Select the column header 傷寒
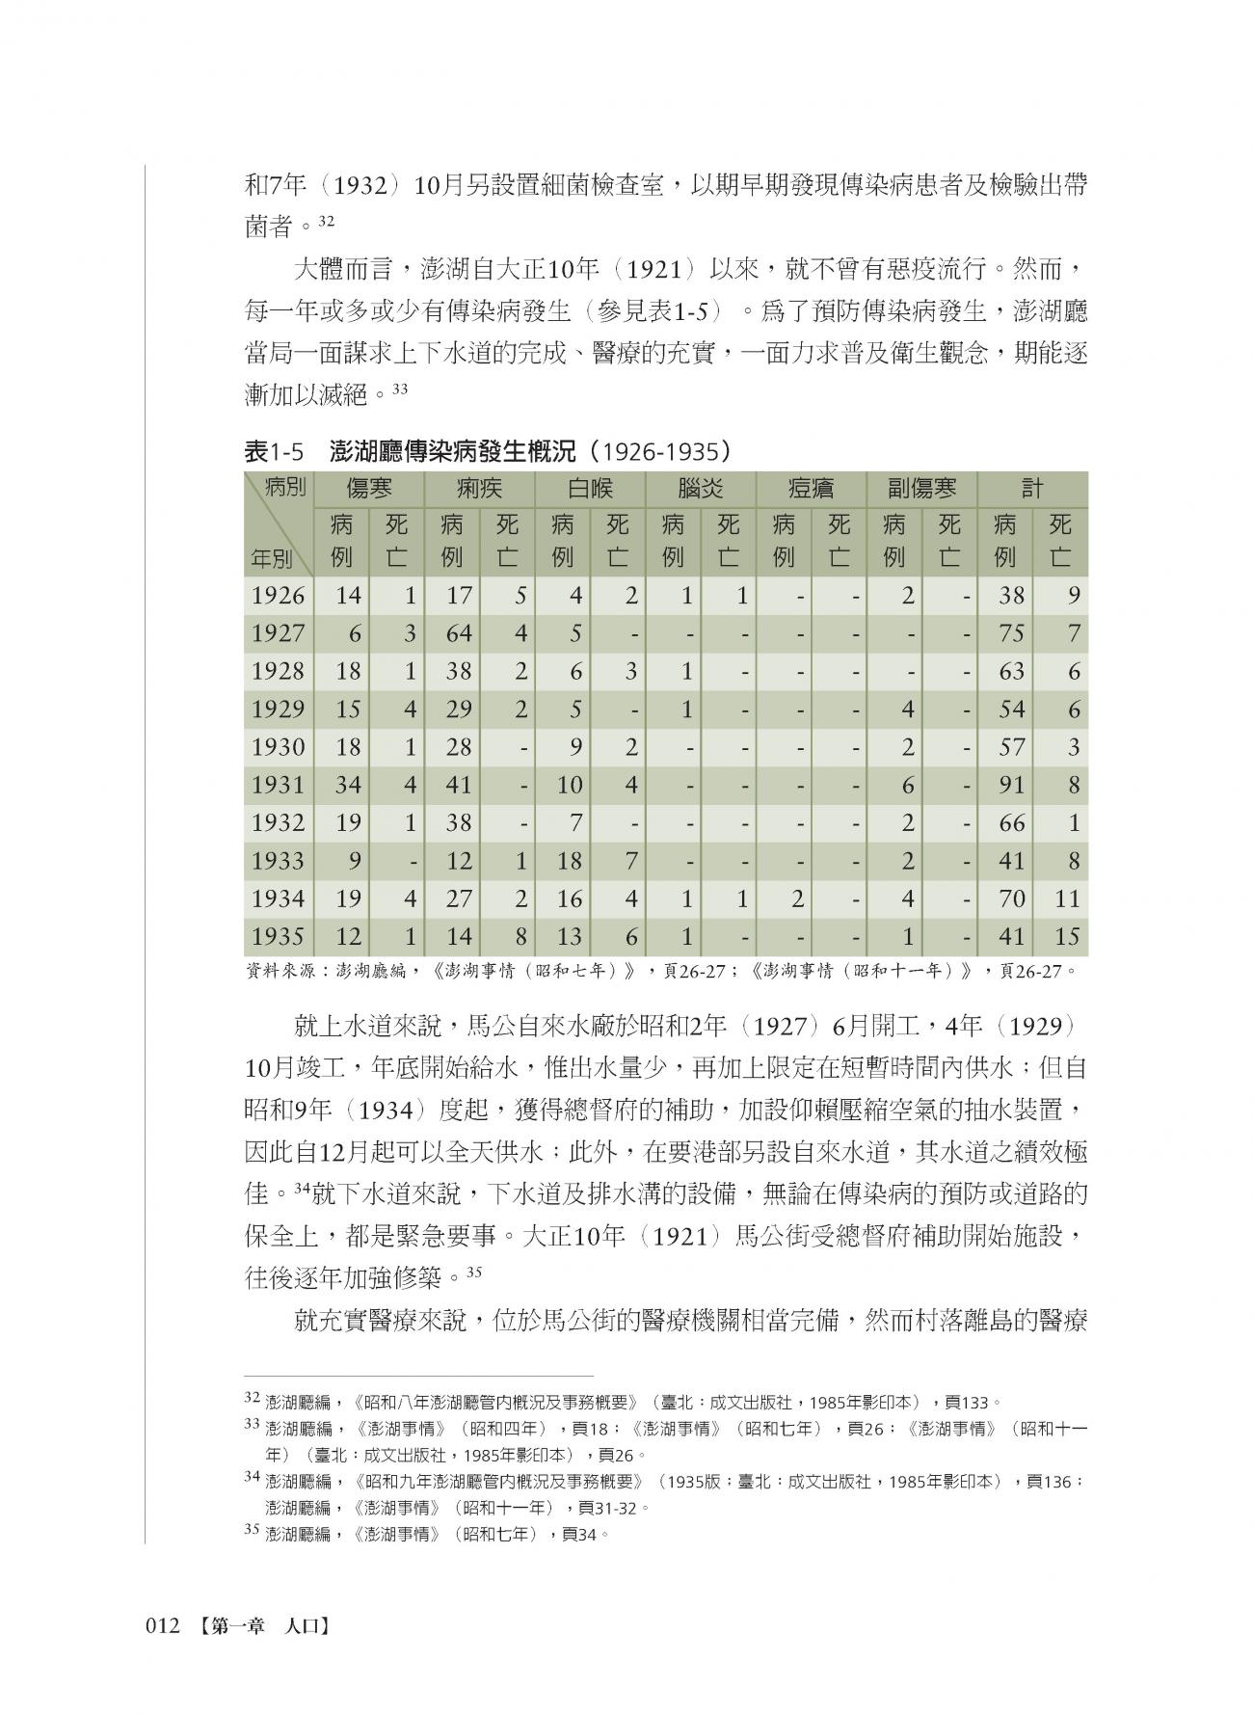click(x=369, y=489)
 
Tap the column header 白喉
click(x=590, y=489)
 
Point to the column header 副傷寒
click(x=921, y=489)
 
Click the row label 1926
click(x=278, y=596)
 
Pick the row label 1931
click(x=278, y=786)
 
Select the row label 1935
click(x=278, y=937)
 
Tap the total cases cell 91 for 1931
click(x=1011, y=786)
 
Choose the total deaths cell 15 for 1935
click(x=1066, y=937)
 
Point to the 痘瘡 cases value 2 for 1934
click(x=797, y=899)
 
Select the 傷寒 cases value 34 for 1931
click(x=347, y=786)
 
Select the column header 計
click(x=1031, y=489)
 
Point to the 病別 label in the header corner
click(x=284, y=488)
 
